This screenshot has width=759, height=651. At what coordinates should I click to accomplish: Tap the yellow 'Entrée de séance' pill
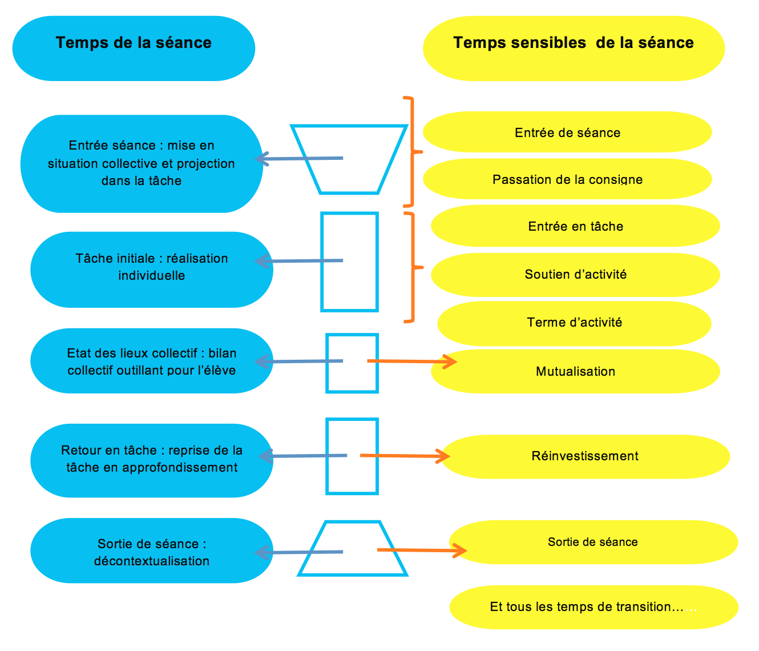point(567,132)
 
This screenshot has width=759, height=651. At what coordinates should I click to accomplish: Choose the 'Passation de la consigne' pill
point(567,179)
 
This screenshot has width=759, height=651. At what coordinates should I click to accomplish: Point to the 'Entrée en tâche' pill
point(575,226)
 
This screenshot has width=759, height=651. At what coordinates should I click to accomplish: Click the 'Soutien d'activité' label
point(575,275)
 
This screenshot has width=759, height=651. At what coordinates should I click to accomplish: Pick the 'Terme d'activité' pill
point(574,323)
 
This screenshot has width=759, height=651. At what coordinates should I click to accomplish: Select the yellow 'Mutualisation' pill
point(575,372)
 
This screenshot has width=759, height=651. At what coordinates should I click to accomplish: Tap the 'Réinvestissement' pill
point(585,456)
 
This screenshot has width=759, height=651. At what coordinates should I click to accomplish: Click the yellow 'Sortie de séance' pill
point(593,542)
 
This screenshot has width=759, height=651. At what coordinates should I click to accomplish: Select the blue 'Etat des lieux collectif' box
point(151,361)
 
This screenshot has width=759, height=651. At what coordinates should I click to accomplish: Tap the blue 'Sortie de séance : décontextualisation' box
point(151,551)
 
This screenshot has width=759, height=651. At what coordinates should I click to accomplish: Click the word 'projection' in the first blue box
point(205,163)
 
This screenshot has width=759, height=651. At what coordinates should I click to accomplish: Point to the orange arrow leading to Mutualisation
point(411,361)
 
